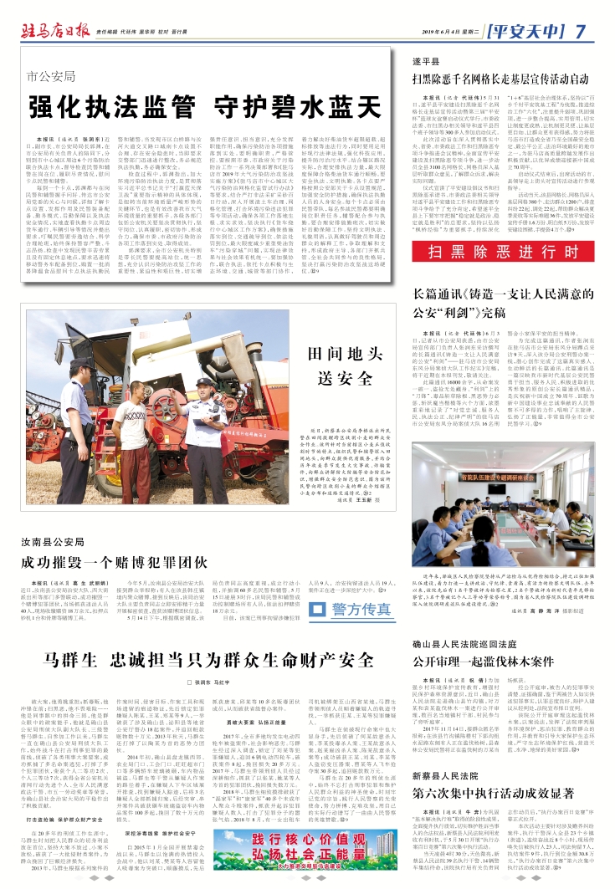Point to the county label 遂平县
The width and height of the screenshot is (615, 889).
(x=426, y=63)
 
